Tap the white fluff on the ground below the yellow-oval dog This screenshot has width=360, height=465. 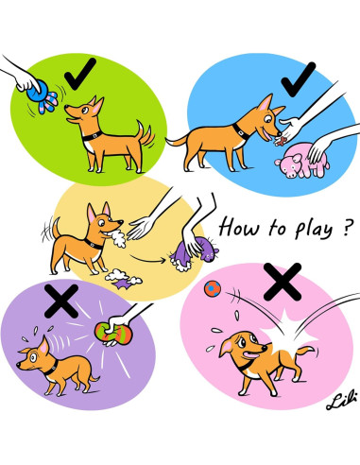pos(119,278)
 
